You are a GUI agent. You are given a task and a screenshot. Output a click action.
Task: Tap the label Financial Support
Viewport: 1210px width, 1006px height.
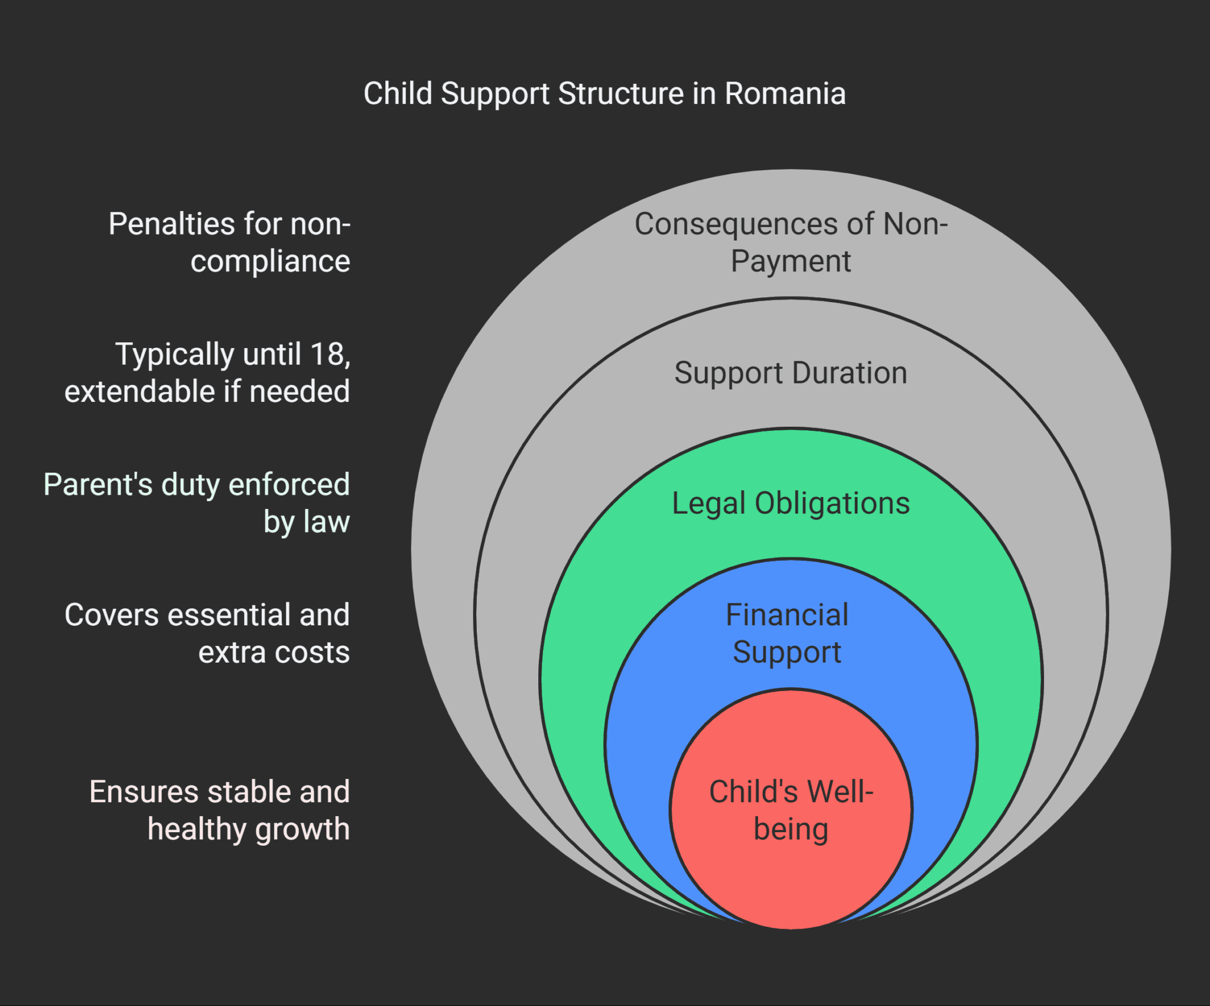787,634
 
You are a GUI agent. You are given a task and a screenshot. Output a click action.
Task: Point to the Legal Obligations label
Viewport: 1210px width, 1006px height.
791,504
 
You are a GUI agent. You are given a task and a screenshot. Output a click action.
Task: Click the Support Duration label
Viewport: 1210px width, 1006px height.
791,373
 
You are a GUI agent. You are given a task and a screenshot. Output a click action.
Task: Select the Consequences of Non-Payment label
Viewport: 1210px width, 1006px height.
791,242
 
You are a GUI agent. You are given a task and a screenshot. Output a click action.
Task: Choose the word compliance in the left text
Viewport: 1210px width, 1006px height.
270,261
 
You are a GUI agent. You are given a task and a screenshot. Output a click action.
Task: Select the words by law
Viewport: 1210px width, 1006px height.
307,522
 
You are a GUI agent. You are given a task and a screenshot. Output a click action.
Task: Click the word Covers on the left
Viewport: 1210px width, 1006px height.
112,615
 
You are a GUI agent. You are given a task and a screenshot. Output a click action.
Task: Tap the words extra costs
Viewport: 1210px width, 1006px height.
274,653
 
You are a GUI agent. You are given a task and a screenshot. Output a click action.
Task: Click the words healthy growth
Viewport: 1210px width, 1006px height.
249,829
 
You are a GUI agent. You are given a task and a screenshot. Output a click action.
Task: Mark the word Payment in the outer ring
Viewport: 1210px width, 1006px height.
791,261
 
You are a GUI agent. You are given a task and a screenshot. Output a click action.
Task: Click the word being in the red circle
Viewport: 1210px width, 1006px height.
791,829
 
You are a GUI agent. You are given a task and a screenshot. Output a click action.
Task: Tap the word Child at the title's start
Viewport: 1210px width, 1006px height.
398,94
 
